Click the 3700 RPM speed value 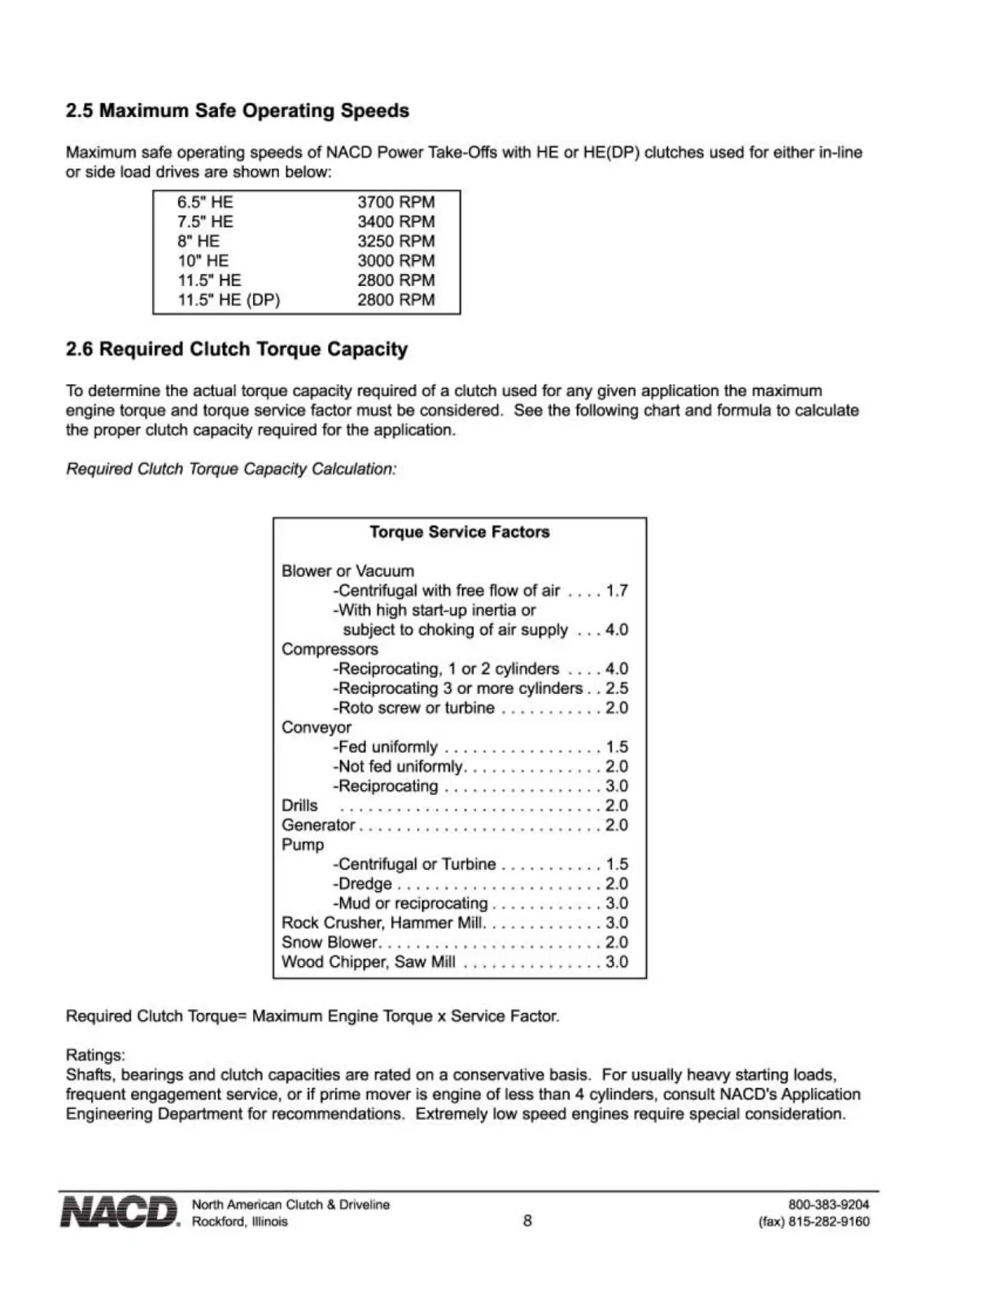click(x=395, y=202)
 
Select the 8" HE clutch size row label click(x=199, y=241)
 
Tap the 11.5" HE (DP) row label click(x=229, y=299)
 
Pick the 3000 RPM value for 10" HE click(x=395, y=260)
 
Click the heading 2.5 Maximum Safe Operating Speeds click(x=237, y=111)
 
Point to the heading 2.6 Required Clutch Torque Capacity click(x=236, y=349)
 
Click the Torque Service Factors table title click(x=460, y=532)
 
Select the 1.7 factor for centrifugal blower click(x=617, y=591)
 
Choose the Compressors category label click(x=330, y=649)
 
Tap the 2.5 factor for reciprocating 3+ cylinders click(x=617, y=688)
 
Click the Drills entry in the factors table click(x=299, y=806)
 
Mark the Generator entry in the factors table click(x=318, y=825)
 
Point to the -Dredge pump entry click(x=363, y=884)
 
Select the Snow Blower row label click(x=330, y=942)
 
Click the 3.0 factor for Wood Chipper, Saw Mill click(x=617, y=962)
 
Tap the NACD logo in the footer click(x=120, y=1212)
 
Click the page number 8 click(x=527, y=1221)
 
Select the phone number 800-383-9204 click(x=828, y=1204)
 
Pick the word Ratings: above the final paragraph click(x=95, y=1055)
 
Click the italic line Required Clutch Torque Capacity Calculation click(x=231, y=470)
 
